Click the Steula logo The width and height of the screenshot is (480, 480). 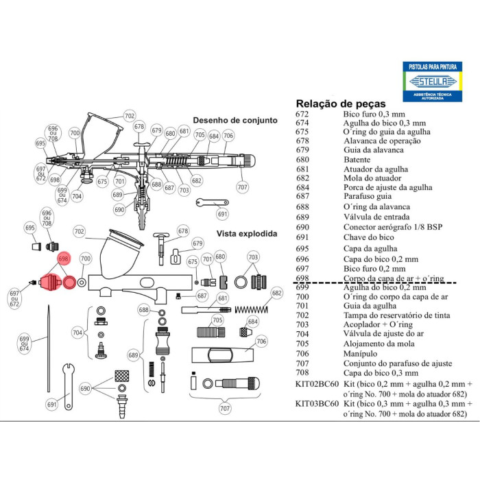point(433,82)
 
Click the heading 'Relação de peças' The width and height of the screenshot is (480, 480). point(341,104)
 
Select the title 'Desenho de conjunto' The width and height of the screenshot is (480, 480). point(235,120)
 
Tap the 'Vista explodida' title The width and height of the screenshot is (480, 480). point(247,234)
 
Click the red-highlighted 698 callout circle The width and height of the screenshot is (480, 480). point(64,259)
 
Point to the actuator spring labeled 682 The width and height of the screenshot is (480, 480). point(251,310)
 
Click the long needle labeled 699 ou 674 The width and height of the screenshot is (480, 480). point(49,348)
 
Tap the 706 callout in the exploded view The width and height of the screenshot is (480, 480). point(261,341)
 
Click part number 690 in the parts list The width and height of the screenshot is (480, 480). point(302,227)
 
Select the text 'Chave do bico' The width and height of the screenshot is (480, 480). point(369,237)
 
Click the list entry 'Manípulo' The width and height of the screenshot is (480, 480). point(360,354)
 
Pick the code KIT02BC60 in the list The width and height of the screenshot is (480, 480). point(317,384)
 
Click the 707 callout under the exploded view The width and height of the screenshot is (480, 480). point(225,409)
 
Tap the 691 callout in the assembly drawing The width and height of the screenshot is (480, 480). point(223,214)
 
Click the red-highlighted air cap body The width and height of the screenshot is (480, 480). point(50,282)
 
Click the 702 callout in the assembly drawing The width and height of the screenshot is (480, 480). point(130,116)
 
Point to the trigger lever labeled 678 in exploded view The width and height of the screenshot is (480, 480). point(161,248)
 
